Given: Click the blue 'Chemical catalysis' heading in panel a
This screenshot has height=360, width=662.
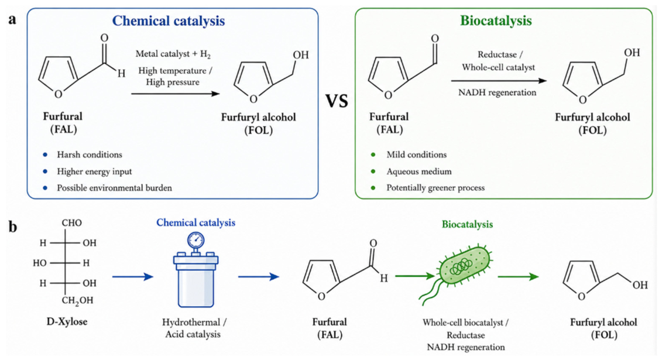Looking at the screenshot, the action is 169,20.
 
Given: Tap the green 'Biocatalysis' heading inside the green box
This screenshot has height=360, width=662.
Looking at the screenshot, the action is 496,20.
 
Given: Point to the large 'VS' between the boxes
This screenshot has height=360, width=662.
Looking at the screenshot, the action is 337,101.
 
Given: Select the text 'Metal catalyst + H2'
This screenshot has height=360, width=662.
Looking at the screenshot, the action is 173,54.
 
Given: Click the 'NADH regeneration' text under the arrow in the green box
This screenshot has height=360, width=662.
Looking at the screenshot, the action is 498,92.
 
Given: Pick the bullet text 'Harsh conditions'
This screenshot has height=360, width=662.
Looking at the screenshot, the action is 90,155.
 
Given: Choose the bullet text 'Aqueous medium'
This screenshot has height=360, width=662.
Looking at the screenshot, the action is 419,172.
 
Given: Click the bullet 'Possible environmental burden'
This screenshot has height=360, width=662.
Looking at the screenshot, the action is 114,188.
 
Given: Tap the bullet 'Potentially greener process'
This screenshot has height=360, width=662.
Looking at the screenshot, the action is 435,188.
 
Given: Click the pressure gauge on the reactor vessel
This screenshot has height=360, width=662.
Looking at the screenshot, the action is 195,240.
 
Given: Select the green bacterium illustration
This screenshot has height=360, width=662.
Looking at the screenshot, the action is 456,273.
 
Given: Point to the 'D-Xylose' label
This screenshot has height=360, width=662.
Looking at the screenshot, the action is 67,321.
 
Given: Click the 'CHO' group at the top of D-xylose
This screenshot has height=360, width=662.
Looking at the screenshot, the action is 72,223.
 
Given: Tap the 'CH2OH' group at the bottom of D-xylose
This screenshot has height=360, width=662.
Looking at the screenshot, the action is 77,301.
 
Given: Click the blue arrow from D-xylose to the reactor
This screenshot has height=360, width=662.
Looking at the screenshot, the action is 132,277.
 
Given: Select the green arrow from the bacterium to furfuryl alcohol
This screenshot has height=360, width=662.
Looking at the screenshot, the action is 519,277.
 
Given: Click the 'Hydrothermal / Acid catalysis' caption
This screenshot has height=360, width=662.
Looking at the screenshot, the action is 194,328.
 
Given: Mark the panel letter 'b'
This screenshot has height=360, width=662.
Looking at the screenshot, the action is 13,227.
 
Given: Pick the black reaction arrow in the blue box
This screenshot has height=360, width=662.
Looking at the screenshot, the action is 176,94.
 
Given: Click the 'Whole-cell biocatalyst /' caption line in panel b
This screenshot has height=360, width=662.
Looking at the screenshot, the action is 466,323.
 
